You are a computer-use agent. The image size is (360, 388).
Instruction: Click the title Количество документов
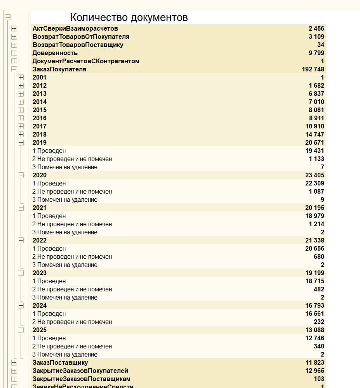(x=129, y=17)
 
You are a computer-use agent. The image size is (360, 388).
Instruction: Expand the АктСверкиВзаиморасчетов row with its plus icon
(x=14, y=28)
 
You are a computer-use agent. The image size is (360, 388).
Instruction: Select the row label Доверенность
(x=55, y=53)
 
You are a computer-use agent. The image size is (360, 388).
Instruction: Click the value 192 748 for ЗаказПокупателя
(x=313, y=69)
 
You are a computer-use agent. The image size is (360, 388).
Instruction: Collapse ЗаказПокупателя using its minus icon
(x=14, y=69)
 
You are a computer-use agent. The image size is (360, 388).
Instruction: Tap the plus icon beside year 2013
(x=21, y=94)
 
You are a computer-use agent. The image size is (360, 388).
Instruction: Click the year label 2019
(x=40, y=142)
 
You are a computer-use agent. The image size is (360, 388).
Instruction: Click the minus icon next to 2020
(x=21, y=175)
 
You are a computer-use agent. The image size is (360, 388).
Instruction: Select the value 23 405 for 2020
(x=315, y=175)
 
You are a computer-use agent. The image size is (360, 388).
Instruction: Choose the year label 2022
(x=40, y=240)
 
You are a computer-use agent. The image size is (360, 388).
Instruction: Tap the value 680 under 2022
(x=319, y=256)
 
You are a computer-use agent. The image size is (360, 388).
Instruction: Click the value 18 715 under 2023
(x=315, y=281)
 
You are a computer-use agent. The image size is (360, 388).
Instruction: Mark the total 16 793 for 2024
(x=315, y=305)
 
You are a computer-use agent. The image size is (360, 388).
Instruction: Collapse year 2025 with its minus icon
(x=21, y=330)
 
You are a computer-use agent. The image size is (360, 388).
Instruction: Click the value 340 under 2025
(x=319, y=346)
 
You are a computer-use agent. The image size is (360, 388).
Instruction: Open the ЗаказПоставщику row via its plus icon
(x=14, y=362)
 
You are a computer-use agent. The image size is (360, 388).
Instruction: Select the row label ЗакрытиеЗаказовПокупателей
(x=80, y=371)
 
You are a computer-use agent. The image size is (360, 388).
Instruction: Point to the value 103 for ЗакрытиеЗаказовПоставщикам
(x=319, y=379)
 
